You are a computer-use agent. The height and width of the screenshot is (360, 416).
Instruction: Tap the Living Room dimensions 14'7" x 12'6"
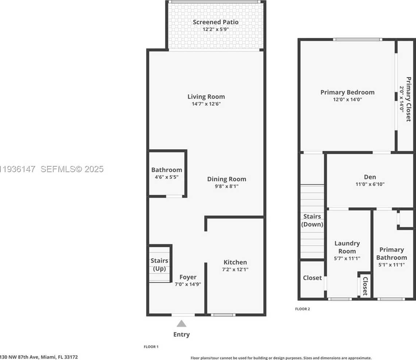pos(206,104)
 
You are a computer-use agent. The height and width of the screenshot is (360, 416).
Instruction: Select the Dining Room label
pos(226,179)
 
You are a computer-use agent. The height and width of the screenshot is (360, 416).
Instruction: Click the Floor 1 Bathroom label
pos(167,170)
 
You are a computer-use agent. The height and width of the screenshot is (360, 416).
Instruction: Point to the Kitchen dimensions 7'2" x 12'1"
pos(236,270)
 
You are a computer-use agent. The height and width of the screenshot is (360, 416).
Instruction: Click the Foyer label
pos(188,277)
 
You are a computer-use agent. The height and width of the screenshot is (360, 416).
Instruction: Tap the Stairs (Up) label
pos(160,265)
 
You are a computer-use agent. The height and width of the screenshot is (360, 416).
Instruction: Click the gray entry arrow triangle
pos(182,324)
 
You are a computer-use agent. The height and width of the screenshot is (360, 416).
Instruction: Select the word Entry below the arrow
pos(182,334)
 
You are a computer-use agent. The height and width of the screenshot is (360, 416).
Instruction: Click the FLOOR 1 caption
pos(151,347)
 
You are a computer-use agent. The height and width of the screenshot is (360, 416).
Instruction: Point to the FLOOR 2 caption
pos(302,309)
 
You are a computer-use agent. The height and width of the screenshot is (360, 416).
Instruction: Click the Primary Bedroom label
pos(347,92)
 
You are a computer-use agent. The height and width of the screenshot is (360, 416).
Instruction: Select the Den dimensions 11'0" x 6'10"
pos(370,184)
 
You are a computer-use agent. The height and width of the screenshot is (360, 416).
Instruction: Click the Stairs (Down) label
pos(312,220)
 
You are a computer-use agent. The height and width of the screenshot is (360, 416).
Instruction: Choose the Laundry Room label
pos(347,247)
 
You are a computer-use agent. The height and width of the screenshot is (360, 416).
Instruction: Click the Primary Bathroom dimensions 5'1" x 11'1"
pos(392,265)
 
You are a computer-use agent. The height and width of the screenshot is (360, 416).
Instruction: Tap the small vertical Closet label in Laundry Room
pos(365,286)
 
